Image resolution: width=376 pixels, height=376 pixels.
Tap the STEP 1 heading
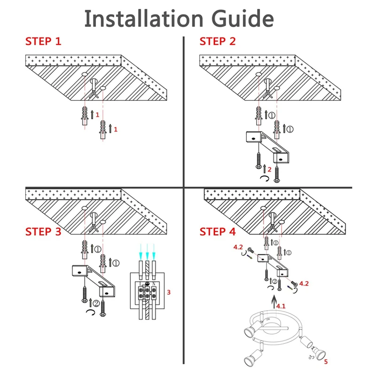pos(43,41)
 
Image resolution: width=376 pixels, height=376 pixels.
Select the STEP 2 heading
pos(218,41)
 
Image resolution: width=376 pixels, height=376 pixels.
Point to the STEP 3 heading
pos(43,232)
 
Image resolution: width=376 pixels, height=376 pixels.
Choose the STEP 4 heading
pos(218,232)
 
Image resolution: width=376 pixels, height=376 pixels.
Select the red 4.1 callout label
pos(281,306)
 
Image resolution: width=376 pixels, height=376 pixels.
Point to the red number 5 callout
pos(325,362)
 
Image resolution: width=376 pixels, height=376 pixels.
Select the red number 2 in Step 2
pos(269,169)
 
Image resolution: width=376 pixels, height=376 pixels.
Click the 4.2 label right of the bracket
pos(304,283)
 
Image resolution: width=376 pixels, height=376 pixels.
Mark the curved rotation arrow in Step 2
pos(265,179)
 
